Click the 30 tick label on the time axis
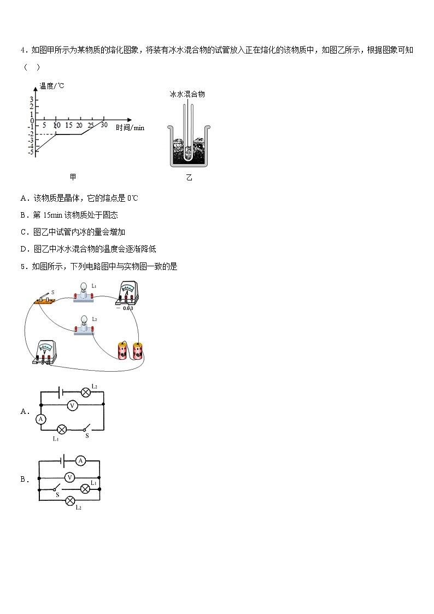(104, 125)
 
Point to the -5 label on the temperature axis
(32, 151)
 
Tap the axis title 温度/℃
(52, 86)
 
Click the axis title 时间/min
(130, 127)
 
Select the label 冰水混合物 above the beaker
(187, 94)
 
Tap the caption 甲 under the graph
(73, 177)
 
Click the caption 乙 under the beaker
(189, 178)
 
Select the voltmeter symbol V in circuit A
(71, 405)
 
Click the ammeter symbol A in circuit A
(40, 419)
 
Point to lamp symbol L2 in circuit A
(85, 392)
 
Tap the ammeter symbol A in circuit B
(80, 461)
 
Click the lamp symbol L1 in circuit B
(85, 489)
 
